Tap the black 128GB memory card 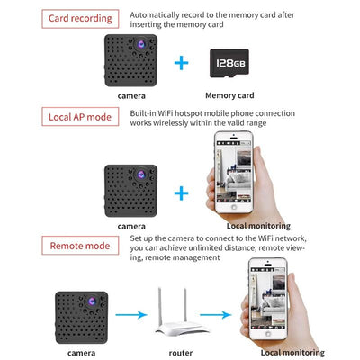(x=230, y=63)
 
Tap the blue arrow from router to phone (x=226, y=315)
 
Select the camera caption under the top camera (x=131, y=94)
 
